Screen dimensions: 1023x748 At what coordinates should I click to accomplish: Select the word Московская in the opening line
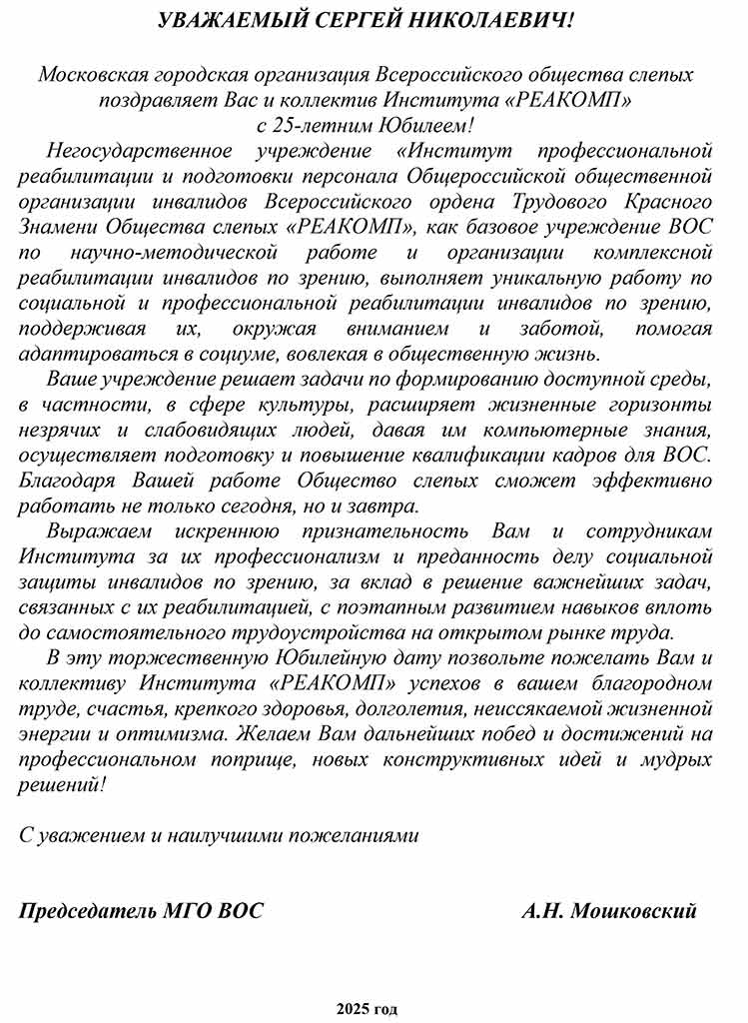pos(93,75)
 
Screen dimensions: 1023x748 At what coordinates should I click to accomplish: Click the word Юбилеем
pos(426,125)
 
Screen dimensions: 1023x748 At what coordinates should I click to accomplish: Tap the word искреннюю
pos(271,531)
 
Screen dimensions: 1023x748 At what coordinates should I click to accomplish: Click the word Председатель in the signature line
pos(86,911)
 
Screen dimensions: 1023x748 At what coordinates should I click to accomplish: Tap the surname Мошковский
pos(634,911)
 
